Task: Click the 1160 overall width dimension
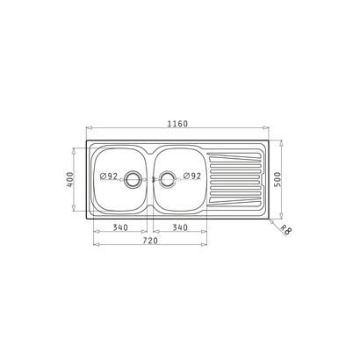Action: (x=177, y=124)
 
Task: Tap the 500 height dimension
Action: (x=277, y=179)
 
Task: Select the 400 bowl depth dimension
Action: (x=70, y=179)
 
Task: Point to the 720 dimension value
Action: (x=150, y=241)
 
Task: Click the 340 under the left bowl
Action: (x=120, y=227)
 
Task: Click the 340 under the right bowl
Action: (x=180, y=227)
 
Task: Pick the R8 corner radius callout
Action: (x=285, y=230)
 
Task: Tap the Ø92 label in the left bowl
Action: (x=109, y=176)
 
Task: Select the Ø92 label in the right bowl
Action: (x=192, y=176)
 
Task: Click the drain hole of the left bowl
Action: (x=133, y=179)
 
